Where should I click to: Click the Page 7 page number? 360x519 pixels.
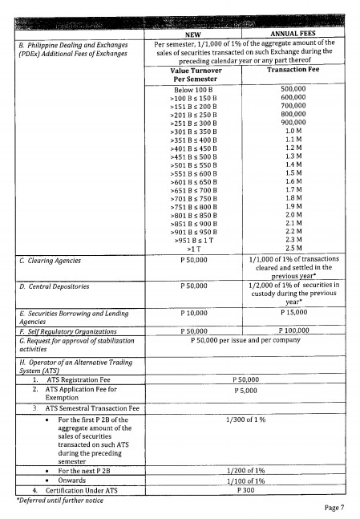(x=334, y=508)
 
